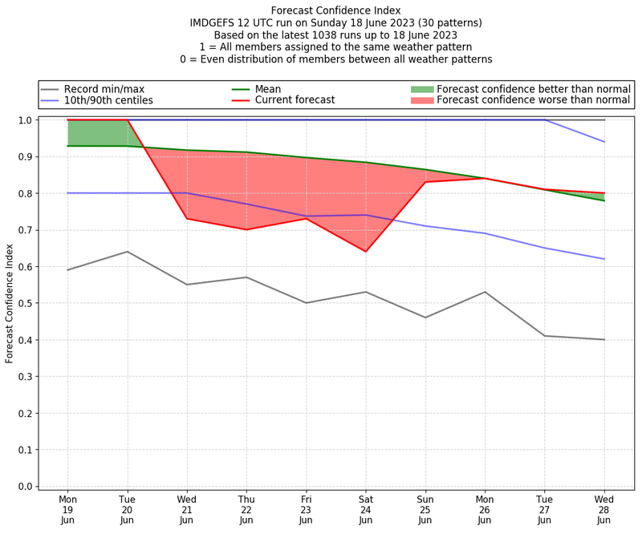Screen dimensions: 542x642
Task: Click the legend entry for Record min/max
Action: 104,89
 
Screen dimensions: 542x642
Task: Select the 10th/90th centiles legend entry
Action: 108,100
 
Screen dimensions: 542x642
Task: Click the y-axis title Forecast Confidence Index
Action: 10,303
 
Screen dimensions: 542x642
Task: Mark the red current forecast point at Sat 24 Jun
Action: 366,252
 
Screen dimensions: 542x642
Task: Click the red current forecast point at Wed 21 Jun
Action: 187,219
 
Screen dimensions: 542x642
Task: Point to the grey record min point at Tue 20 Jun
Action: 128,252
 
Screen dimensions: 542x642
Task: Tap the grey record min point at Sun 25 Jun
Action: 425,318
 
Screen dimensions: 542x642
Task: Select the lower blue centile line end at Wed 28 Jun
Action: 604,259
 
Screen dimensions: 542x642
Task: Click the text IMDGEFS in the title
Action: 213,23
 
